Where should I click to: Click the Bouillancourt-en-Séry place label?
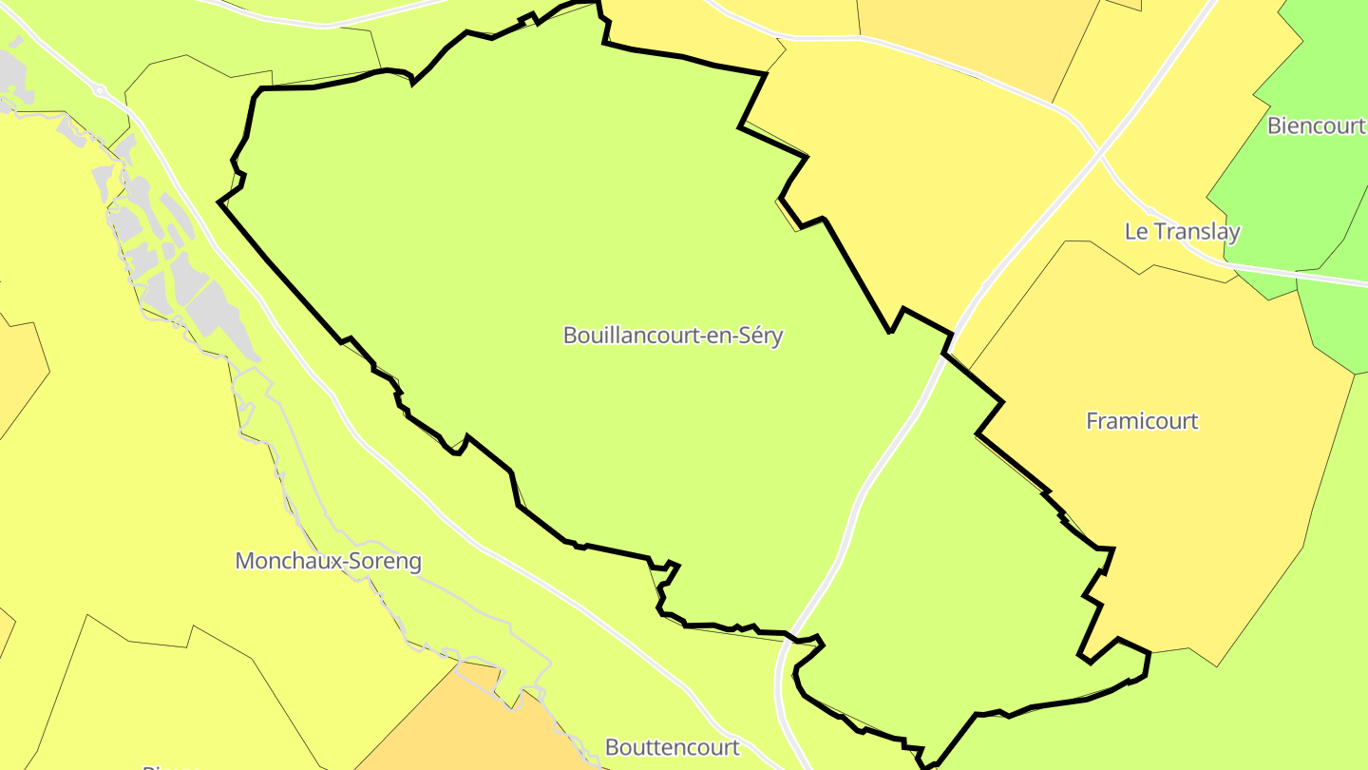tap(673, 336)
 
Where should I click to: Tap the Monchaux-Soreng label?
tap(328, 561)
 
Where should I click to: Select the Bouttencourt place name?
tap(672, 747)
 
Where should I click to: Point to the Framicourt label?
tap(1142, 421)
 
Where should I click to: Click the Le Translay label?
tap(1182, 231)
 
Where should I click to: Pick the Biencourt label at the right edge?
tap(1317, 125)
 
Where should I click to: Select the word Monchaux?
tap(284, 561)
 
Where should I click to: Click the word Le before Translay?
tap(1135, 231)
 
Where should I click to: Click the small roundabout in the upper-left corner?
tap(100, 92)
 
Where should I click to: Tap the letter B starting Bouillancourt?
tap(570, 336)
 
